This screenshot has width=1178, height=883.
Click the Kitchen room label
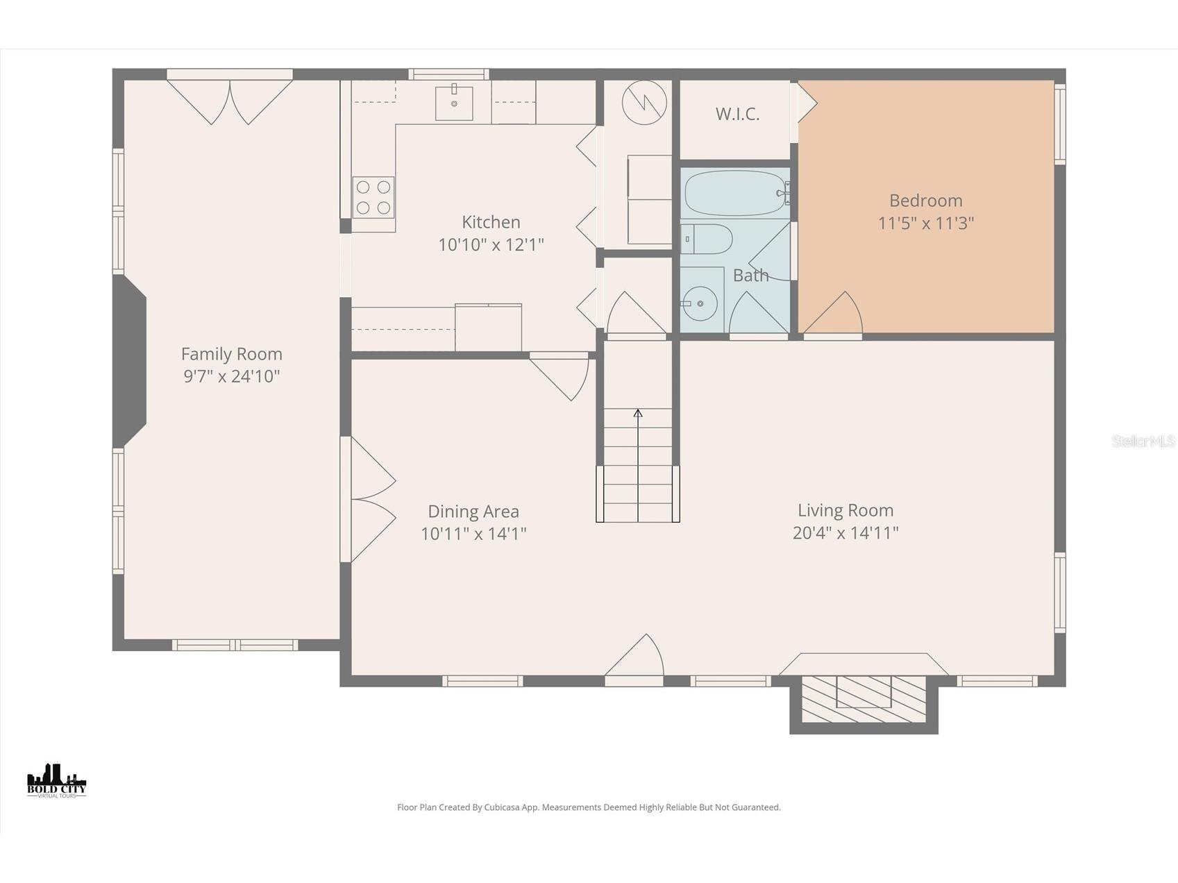(x=491, y=222)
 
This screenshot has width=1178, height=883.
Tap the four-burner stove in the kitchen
(x=373, y=197)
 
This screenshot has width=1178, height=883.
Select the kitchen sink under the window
(x=454, y=103)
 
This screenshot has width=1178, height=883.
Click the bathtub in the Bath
(x=734, y=193)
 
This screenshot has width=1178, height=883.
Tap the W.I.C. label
(x=737, y=115)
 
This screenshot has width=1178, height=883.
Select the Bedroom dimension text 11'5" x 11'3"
(x=926, y=224)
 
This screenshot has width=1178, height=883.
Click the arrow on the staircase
(x=638, y=414)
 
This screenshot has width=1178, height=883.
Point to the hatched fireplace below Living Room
(x=864, y=699)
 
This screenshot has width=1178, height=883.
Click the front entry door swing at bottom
(x=635, y=659)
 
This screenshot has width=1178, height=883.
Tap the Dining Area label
(x=473, y=512)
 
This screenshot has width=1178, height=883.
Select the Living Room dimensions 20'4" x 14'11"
(x=845, y=533)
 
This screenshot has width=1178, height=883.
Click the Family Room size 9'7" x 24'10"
(x=231, y=376)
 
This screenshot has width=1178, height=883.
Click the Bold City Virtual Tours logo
(x=57, y=780)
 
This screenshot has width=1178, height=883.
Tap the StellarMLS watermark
(x=1143, y=441)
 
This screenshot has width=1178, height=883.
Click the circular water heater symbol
(x=644, y=103)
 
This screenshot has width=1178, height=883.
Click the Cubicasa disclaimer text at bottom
(x=589, y=807)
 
